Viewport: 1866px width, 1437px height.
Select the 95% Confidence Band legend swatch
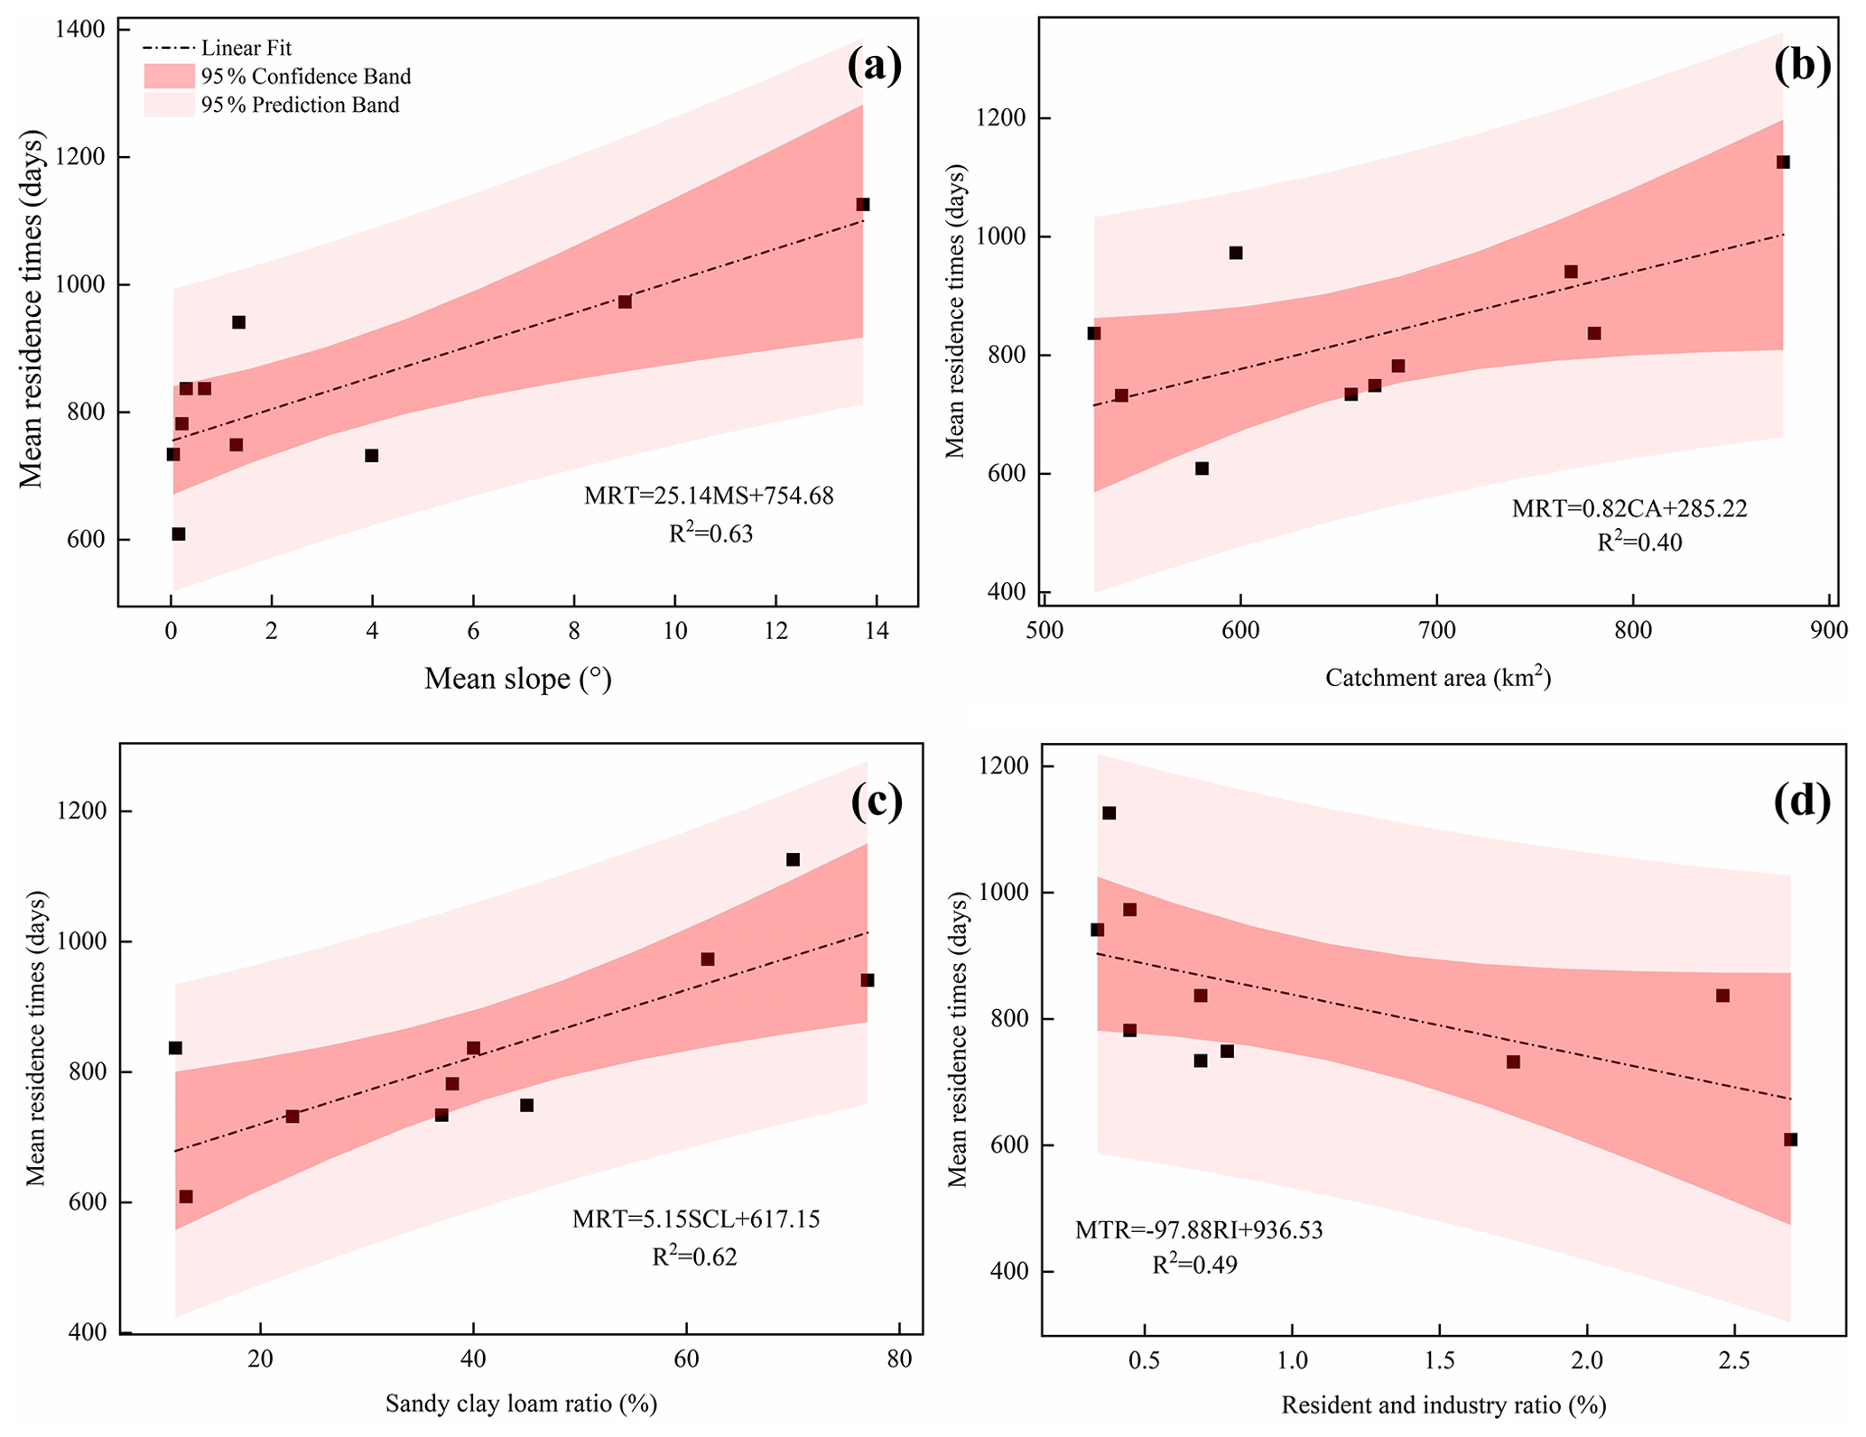click(170, 77)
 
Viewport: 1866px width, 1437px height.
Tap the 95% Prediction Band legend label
click(300, 106)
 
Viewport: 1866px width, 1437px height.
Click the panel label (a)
click(874, 67)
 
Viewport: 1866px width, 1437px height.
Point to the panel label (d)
click(1802, 802)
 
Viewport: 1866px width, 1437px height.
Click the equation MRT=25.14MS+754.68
click(709, 496)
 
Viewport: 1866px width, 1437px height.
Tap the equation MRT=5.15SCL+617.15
click(696, 1219)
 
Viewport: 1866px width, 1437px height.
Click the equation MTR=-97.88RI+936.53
click(1199, 1229)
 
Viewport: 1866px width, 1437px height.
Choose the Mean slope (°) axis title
click(518, 679)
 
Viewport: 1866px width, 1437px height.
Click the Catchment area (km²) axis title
click(1437, 677)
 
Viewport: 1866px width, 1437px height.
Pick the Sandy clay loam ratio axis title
click(521, 1404)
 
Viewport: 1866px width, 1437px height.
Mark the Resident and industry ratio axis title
click(1444, 1405)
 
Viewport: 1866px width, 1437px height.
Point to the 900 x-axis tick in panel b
click(1829, 631)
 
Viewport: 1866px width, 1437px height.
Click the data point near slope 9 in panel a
click(625, 301)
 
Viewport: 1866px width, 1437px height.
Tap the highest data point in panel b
click(1783, 162)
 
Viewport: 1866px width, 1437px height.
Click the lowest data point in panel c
click(186, 1197)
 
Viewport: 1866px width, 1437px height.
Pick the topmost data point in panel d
click(1109, 813)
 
